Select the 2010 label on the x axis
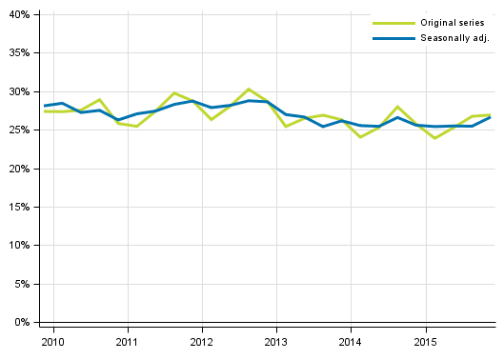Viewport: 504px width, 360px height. pos(53,340)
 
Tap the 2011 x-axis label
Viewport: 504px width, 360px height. pos(128,340)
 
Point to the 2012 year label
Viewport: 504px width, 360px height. pos(202,340)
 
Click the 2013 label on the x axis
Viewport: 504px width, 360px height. pos(276,340)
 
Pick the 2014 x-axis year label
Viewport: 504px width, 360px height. pos(351,340)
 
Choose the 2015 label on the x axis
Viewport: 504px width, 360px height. pos(425,340)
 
